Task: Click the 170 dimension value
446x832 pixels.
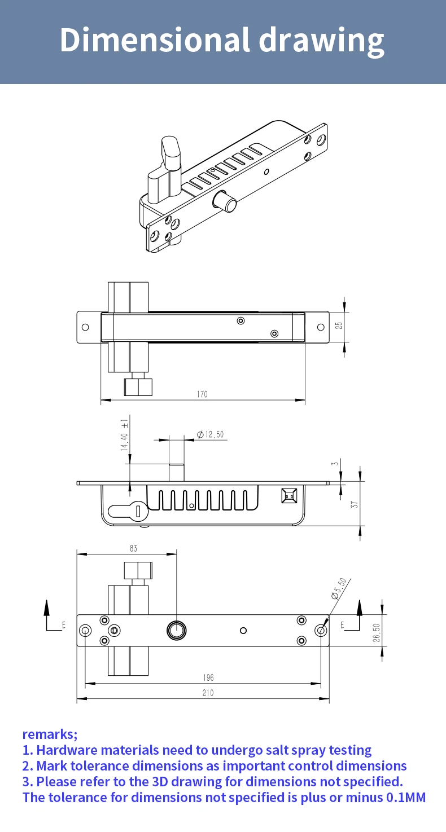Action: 202,394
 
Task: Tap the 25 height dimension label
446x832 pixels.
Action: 339,325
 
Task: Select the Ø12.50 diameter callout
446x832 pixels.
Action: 211,434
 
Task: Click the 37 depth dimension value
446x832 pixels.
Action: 355,504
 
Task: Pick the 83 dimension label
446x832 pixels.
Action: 133,548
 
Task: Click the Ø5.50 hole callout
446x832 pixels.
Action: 339,589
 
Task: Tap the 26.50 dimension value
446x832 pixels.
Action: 377,632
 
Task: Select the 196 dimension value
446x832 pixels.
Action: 208,677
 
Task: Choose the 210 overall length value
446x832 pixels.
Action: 208,693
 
